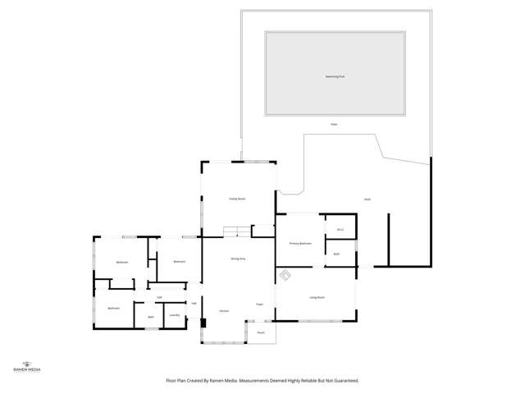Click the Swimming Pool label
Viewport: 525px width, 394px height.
(x=334, y=76)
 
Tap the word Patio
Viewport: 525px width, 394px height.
(x=334, y=125)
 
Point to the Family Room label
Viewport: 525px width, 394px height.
(x=237, y=199)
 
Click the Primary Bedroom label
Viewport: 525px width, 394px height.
(x=300, y=244)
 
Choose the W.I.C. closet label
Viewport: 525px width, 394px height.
(x=340, y=230)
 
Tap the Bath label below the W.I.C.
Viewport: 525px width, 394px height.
(x=336, y=254)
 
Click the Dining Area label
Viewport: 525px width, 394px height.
(x=238, y=259)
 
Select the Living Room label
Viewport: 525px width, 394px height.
(x=317, y=297)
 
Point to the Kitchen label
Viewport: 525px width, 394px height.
(x=224, y=311)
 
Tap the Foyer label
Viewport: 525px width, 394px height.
(x=258, y=305)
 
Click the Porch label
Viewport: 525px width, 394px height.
(x=260, y=332)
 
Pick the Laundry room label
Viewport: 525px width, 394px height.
(x=174, y=315)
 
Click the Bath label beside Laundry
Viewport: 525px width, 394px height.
(x=151, y=317)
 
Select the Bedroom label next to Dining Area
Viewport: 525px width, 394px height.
(x=179, y=262)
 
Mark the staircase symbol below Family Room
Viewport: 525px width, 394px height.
(x=237, y=232)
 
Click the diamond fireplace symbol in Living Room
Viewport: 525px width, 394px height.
(x=285, y=276)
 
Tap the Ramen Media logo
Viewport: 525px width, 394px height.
(x=29, y=366)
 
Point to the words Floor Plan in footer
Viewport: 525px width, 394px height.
(x=178, y=381)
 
